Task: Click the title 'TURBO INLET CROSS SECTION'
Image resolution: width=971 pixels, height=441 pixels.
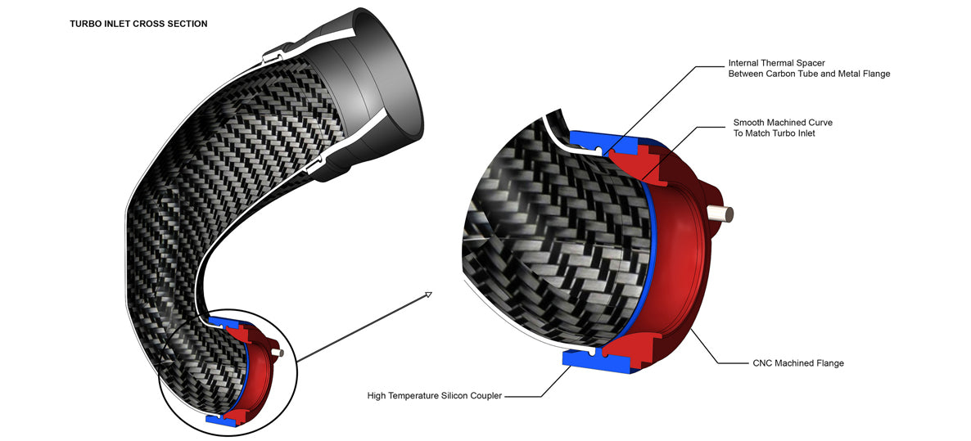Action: [x=138, y=24]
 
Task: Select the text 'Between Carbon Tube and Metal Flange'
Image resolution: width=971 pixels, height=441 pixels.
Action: [x=809, y=74]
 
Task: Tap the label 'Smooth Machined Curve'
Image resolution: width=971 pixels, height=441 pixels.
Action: [x=783, y=123]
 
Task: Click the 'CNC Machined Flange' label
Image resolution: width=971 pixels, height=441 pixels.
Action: [x=797, y=363]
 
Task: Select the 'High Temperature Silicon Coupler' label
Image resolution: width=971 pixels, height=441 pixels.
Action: [x=434, y=396]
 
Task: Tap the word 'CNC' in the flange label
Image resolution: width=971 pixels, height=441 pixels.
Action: [x=763, y=363]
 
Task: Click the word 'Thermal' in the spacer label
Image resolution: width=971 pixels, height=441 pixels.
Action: [x=779, y=62]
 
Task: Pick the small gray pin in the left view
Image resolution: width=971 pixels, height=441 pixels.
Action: [x=280, y=353]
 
